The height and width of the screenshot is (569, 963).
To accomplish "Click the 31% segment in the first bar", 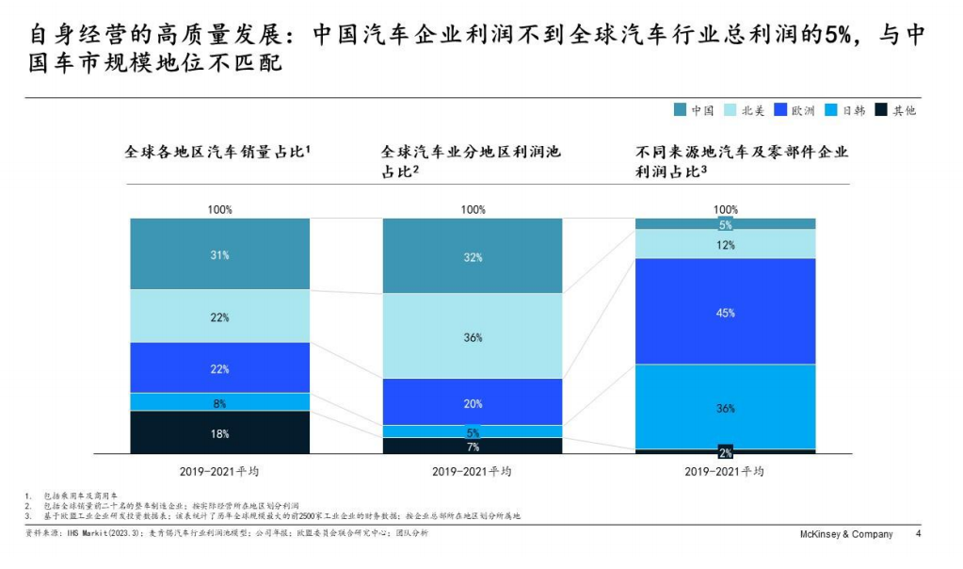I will tap(219, 253).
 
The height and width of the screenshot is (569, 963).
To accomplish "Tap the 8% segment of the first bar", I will tap(219, 402).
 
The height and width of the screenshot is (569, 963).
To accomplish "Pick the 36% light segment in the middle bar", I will tap(473, 336).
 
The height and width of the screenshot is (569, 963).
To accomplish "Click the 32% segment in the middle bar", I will tap(473, 256).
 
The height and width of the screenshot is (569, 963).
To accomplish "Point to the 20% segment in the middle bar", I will tap(473, 402).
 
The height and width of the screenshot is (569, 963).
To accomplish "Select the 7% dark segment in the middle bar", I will tap(473, 446).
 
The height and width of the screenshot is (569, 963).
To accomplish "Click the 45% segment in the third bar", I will tap(725, 312).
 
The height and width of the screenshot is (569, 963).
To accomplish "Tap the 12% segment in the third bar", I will tap(725, 244).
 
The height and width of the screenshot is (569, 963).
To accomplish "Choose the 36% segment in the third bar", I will tap(725, 407).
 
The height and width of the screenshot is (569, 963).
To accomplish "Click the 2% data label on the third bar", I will tap(725, 452).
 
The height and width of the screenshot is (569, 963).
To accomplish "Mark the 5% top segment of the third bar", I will tap(725, 224).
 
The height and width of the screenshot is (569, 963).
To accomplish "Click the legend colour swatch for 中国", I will tap(680, 110).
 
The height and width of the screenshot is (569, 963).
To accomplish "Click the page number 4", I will tap(919, 534).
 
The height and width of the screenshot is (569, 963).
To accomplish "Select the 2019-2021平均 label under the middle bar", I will tap(473, 471).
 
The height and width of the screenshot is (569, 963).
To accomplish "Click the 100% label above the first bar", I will tap(219, 209).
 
